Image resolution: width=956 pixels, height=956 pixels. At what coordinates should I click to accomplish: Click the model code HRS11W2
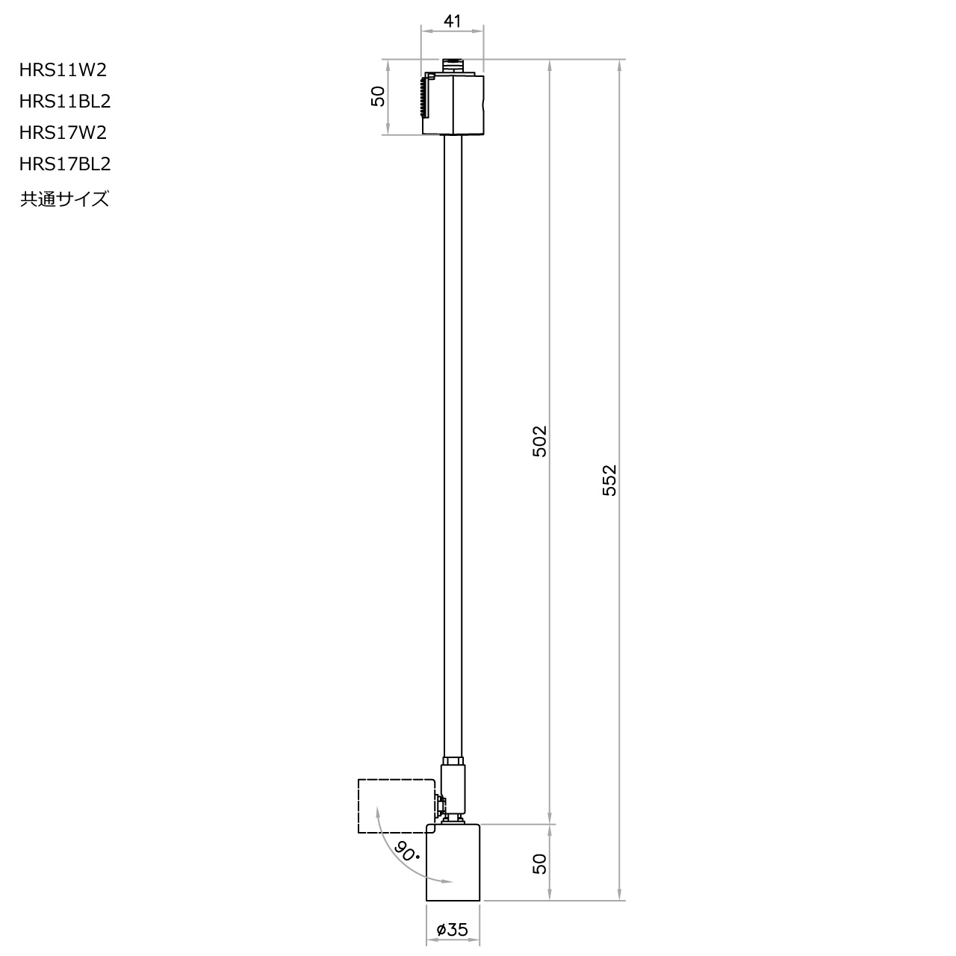[63, 70]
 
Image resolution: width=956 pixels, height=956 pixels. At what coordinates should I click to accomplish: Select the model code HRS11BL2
[65, 101]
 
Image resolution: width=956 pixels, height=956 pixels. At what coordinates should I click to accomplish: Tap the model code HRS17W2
[63, 133]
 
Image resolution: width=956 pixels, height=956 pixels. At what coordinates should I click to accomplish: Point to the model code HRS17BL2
[65, 164]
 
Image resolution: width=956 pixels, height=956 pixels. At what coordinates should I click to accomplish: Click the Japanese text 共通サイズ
[64, 199]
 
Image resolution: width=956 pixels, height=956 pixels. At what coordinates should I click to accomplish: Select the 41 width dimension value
[452, 21]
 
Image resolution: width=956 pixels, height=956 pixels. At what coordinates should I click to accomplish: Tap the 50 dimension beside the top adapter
[379, 97]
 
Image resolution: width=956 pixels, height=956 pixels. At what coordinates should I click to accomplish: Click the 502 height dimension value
[540, 441]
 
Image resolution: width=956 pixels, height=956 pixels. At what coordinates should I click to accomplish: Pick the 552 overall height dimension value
[609, 481]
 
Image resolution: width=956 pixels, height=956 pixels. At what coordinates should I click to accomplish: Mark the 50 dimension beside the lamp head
[540, 863]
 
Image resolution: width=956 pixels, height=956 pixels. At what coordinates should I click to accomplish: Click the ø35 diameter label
[452, 930]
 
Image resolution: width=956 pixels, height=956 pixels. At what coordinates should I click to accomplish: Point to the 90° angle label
[408, 851]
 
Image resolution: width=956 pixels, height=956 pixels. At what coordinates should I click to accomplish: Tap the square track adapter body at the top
[463, 105]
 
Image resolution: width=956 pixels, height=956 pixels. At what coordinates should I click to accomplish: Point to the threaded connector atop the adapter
[453, 66]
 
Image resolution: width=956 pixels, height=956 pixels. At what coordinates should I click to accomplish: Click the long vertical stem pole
[453, 448]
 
